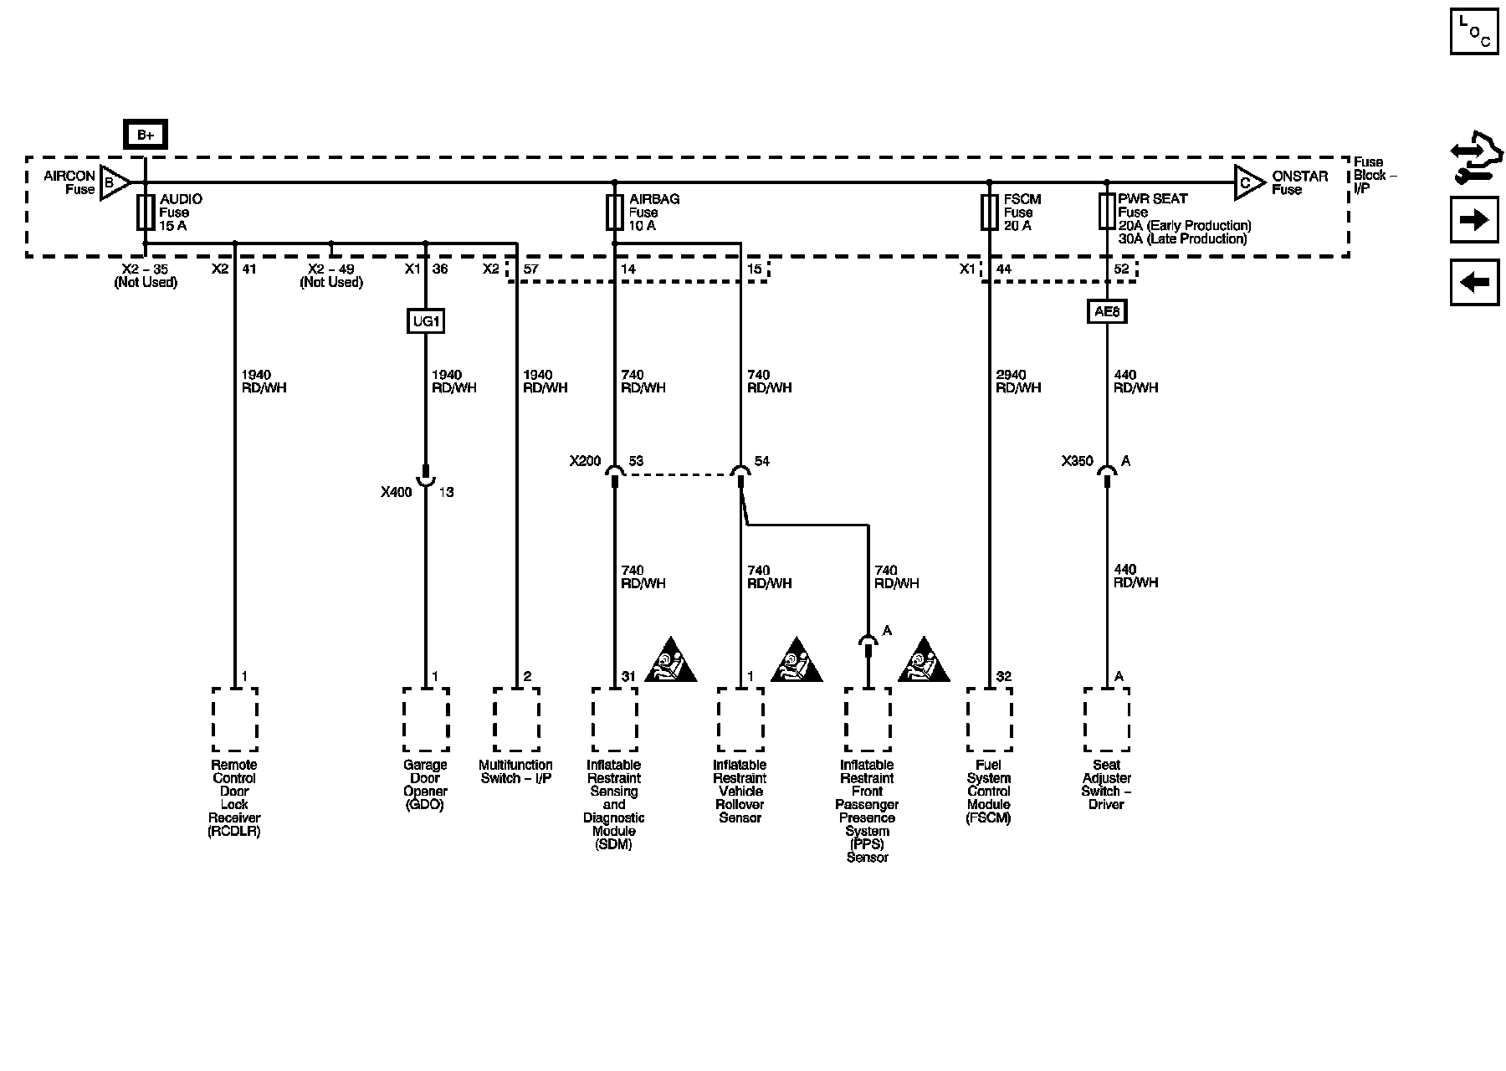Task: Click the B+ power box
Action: click(146, 135)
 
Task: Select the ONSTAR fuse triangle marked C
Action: click(1248, 182)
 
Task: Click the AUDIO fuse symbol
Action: click(146, 213)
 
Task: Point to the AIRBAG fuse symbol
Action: click(615, 213)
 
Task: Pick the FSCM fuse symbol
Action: click(989, 213)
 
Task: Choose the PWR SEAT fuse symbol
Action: click(1107, 213)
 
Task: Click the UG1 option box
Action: click(425, 320)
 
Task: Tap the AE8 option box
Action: click(1107, 312)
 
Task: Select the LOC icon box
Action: click(1474, 32)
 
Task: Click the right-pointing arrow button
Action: click(1474, 220)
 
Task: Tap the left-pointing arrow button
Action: click(1474, 282)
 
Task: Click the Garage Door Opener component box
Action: click(425, 720)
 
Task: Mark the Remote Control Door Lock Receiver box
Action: click(234, 720)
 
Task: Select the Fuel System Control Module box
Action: click(989, 720)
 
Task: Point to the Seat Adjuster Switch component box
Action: click(1107, 720)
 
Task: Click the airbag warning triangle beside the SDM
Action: click(670, 661)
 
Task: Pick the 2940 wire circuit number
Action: click(1012, 375)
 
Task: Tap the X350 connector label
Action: click(1078, 461)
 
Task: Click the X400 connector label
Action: click(397, 492)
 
